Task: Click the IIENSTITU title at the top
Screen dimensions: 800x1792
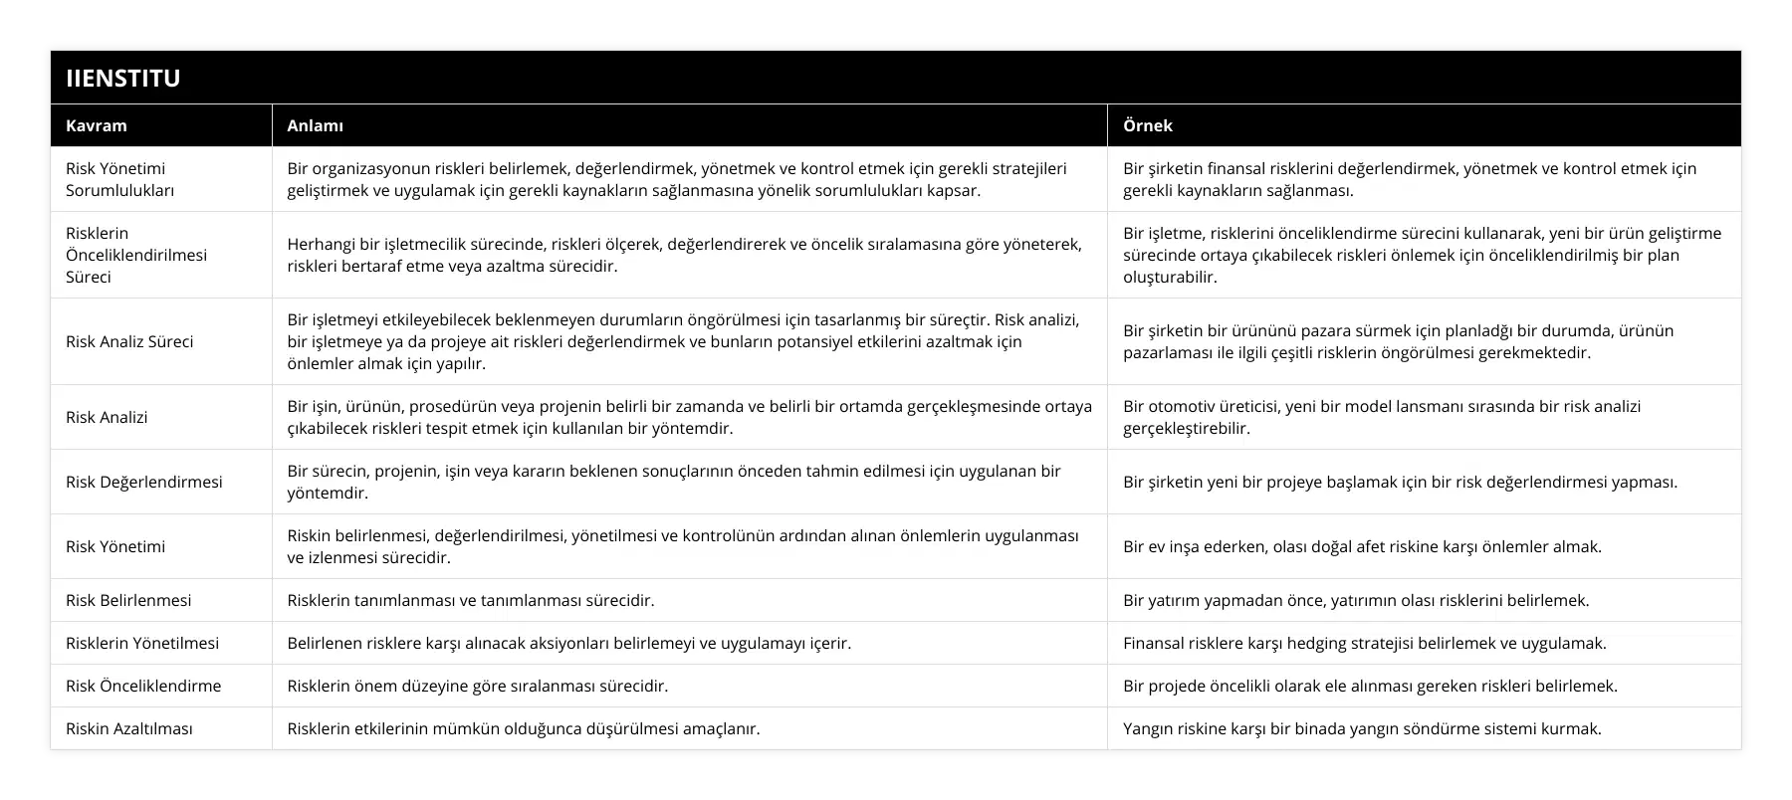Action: tap(123, 79)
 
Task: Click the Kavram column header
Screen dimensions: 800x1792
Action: tap(97, 125)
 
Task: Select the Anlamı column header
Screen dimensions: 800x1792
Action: tap(315, 125)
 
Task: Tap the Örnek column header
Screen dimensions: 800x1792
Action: tap(1147, 125)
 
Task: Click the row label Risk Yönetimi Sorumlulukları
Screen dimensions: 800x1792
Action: tap(119, 179)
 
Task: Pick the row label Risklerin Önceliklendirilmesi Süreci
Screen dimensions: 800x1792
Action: tap(136, 255)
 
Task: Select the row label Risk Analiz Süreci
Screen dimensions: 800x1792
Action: tap(129, 341)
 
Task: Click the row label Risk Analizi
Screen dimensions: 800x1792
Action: tap(107, 417)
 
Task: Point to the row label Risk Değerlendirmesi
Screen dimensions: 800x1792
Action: tap(143, 482)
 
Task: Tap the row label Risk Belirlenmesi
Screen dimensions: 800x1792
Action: tap(128, 600)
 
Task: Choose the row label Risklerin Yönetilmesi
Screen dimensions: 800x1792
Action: tap(142, 643)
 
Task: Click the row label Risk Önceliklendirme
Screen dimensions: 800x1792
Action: tap(143, 686)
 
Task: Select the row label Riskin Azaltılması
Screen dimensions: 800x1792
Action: tap(129, 728)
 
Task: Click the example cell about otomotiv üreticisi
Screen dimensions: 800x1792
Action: tap(1381, 417)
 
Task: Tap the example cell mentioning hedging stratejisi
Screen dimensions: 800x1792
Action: tap(1364, 643)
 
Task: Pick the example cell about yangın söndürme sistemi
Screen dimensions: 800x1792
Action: tap(1361, 728)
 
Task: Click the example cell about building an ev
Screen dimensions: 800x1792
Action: tap(1361, 546)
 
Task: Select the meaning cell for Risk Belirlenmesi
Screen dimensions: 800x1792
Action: tap(470, 600)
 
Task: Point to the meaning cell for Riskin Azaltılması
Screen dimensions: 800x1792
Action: tap(523, 728)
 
